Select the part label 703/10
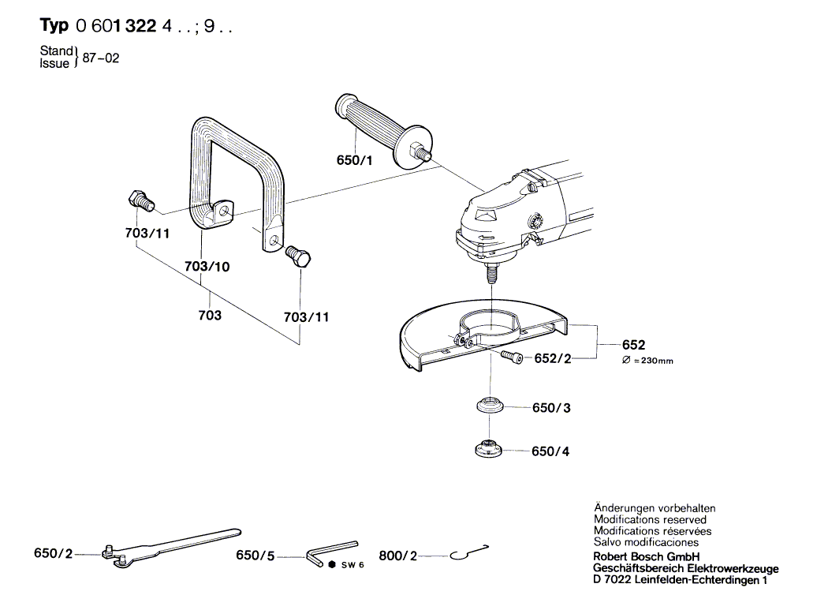point(207,267)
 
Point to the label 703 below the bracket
point(210,316)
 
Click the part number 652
point(633,345)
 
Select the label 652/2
point(553,358)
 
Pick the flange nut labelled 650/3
point(489,407)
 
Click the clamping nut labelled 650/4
point(488,450)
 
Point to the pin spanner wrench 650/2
point(170,545)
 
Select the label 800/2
point(397,556)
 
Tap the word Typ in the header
point(54,26)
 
